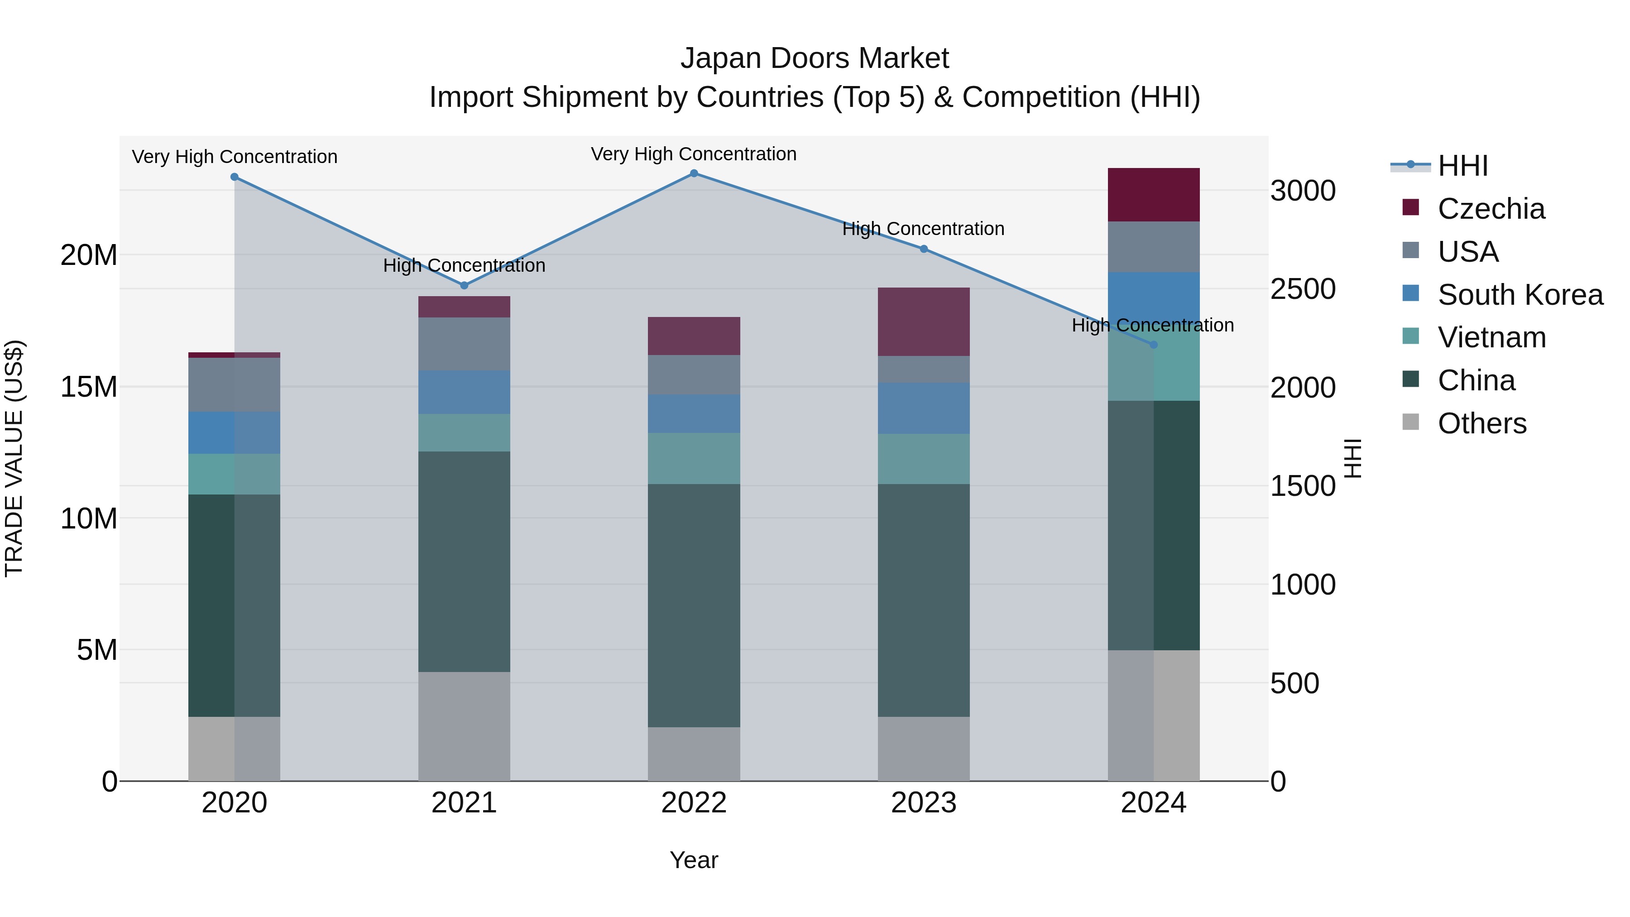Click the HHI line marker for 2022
pyautogui.click(x=694, y=173)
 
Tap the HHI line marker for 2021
pyautogui.click(x=464, y=285)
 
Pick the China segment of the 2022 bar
pyautogui.click(x=694, y=605)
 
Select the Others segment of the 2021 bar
pyautogui.click(x=464, y=726)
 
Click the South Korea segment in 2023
pyautogui.click(x=923, y=408)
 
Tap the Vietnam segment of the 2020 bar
pyautogui.click(x=234, y=474)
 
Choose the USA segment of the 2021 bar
pyautogui.click(x=464, y=344)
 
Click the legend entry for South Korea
pyautogui.click(x=1520, y=295)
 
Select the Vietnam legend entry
pyautogui.click(x=1491, y=337)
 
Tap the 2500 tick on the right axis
pyautogui.click(x=1303, y=289)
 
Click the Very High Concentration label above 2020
pyautogui.click(x=234, y=157)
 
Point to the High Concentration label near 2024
pyautogui.click(x=1152, y=325)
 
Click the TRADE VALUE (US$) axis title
pyautogui.click(x=14, y=458)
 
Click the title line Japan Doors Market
pyautogui.click(x=815, y=58)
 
